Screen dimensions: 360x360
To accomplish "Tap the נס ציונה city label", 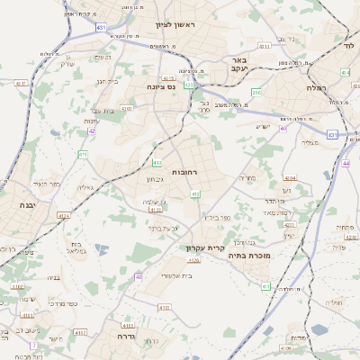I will coord(161,87).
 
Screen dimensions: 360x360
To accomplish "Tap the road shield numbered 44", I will coord(346,164).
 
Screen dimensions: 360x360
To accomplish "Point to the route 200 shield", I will coord(256,92).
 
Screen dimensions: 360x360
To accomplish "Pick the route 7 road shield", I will coord(33,346).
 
